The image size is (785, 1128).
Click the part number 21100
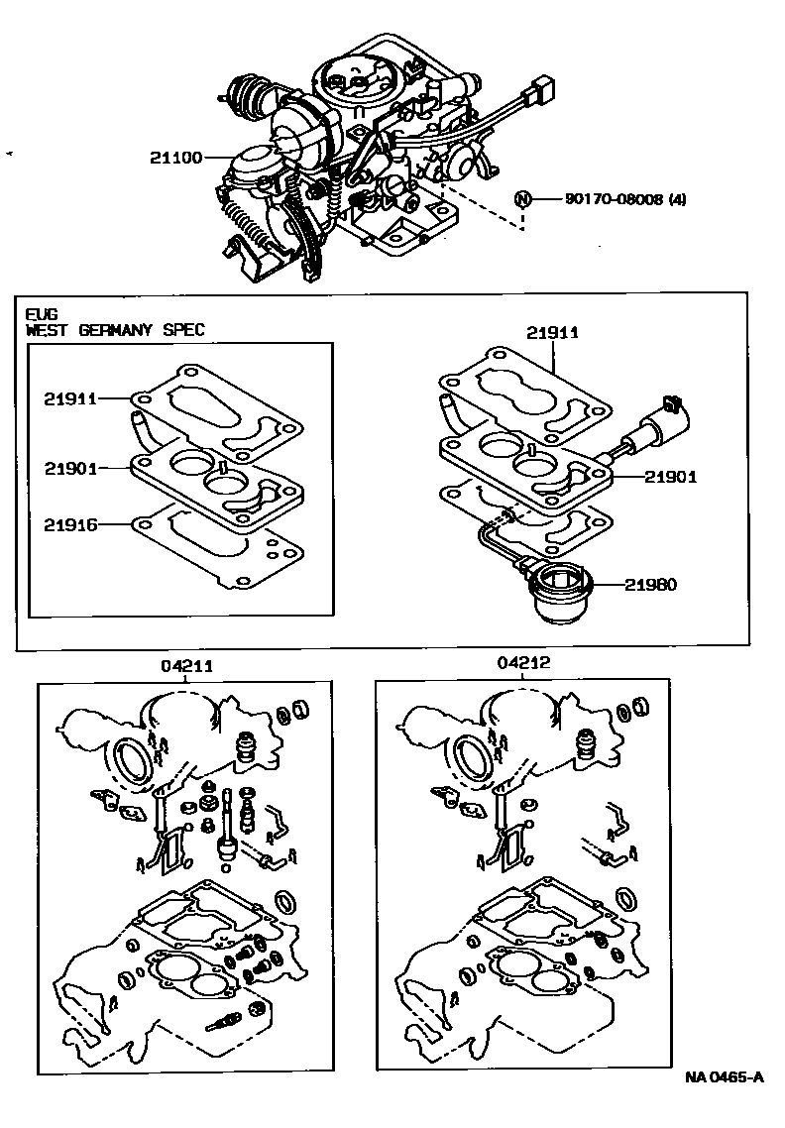click(175, 157)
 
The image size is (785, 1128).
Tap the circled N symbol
click(523, 199)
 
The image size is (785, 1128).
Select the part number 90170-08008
click(614, 198)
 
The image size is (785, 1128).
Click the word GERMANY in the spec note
click(115, 330)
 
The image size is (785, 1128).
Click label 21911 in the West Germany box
click(69, 398)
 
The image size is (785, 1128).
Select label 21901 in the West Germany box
click(69, 468)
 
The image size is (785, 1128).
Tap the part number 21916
click(69, 524)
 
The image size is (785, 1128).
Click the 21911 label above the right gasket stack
click(552, 332)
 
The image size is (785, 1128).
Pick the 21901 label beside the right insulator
click(671, 476)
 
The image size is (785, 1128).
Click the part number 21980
click(650, 584)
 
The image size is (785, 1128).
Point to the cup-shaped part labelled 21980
click(558, 591)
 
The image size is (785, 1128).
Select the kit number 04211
click(186, 665)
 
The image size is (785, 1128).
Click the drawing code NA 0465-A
click(724, 1097)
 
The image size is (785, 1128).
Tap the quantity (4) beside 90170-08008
click(677, 198)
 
